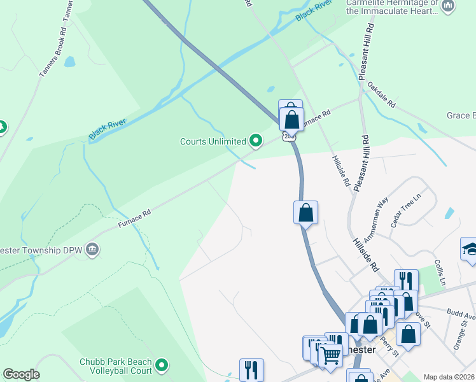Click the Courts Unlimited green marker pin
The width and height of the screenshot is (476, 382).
[x=256, y=141]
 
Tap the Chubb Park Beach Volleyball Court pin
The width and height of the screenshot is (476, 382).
[x=162, y=365]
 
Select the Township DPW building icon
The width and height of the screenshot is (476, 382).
[x=93, y=248]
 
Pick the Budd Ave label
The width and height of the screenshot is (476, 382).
[x=461, y=314]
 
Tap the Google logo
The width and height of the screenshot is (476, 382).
[x=21, y=374]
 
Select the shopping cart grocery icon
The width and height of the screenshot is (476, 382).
[x=330, y=356]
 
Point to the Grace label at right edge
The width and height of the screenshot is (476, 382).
[x=461, y=115]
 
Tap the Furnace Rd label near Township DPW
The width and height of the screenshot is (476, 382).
[x=134, y=220]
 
